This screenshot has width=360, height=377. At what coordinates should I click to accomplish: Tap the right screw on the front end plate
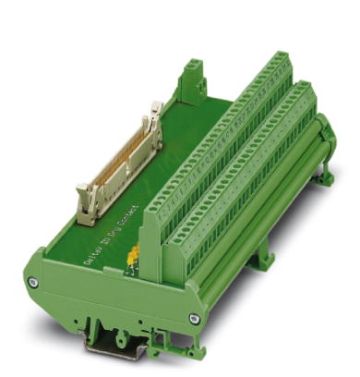click(x=194, y=318)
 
